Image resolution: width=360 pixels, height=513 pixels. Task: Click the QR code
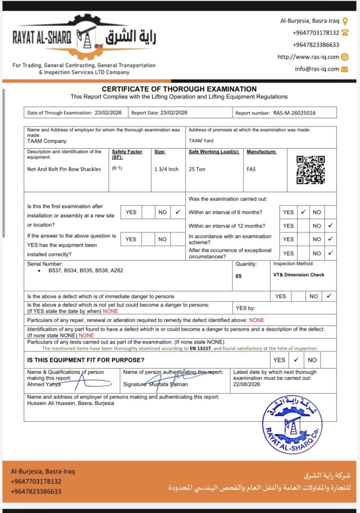310,170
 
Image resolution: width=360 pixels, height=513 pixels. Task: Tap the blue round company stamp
292,424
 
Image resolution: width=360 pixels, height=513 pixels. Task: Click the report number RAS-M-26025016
294,113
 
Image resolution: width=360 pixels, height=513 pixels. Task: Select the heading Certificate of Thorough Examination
179,89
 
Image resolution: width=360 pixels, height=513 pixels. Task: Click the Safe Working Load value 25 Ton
197,169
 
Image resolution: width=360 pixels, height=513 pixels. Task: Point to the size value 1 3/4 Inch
166,169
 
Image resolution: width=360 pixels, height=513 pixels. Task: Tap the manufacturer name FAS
251,169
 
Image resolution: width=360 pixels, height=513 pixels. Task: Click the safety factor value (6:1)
117,168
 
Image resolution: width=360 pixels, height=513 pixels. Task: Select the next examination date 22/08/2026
247,385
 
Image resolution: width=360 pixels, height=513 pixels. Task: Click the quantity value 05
238,276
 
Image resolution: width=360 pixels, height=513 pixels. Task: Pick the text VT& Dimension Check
298,275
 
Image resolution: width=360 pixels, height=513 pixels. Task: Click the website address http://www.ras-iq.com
308,57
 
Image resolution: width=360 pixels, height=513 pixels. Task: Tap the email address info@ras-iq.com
317,69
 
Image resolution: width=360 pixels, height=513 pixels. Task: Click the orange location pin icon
345,21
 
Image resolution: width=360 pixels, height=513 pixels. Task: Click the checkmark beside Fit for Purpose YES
296,360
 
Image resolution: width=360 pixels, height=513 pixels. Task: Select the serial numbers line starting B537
86,271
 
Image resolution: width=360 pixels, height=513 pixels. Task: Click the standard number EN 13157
204,348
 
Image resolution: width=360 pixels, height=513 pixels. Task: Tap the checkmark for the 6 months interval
303,212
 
